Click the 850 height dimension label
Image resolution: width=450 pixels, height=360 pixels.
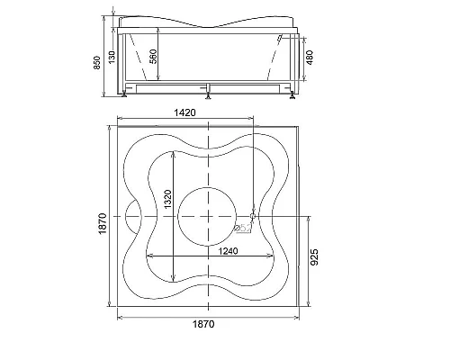pos(97,63)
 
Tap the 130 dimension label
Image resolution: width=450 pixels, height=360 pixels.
pos(112,57)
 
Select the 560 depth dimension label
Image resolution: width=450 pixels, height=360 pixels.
pos(153,56)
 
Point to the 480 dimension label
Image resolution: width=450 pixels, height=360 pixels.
pos(310,58)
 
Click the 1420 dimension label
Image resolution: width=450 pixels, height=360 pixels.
pos(184,112)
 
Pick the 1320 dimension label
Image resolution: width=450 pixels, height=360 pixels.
pos(167,199)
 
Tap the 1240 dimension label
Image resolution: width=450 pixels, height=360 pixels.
pos(228,251)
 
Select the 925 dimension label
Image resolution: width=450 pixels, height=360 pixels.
pos(314,257)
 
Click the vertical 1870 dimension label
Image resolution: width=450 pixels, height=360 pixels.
pos(103,223)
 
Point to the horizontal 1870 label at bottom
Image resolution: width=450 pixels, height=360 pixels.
pos(203,324)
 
